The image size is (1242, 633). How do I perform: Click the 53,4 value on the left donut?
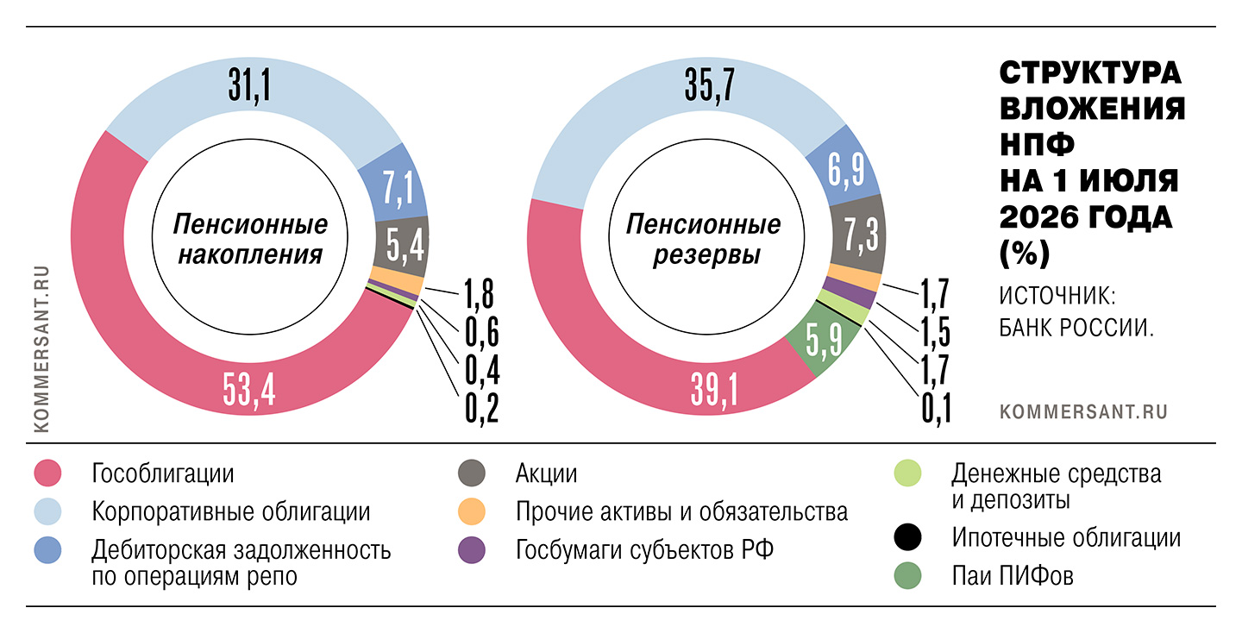coord(249,390)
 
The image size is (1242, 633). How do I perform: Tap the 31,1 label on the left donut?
coord(249,86)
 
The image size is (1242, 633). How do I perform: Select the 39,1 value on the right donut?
coord(714,390)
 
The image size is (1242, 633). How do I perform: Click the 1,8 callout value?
coord(479,294)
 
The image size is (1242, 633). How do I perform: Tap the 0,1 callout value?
coord(937,409)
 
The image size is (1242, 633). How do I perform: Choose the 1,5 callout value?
coord(936,332)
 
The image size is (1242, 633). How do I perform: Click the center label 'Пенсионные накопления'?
coord(250,240)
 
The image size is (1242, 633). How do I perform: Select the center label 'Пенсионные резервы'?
coord(704,240)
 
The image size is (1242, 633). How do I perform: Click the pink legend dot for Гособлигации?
coord(47,473)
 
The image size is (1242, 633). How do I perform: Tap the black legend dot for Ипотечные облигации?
coord(907,537)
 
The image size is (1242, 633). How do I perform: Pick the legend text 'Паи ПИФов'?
coord(1013,576)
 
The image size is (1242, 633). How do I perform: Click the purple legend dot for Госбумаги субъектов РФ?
coord(472,550)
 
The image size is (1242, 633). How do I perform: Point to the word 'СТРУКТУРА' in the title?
coord(1090,73)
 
